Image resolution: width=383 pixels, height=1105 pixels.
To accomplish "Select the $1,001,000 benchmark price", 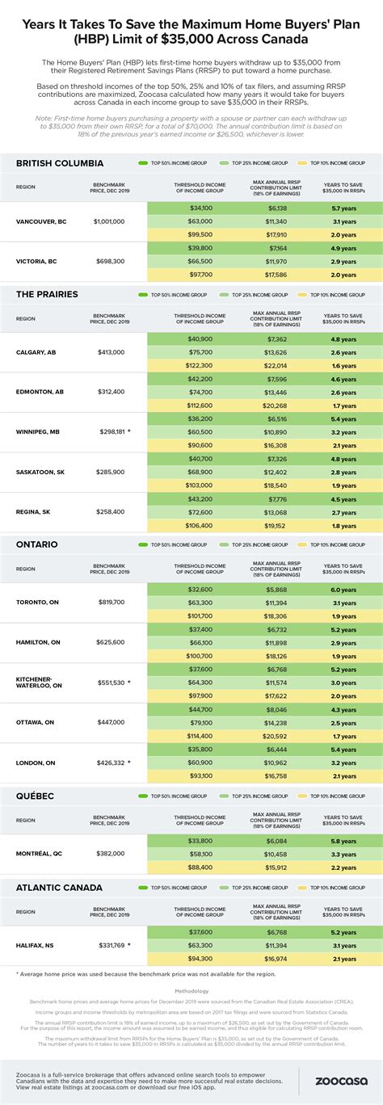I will tap(108, 221).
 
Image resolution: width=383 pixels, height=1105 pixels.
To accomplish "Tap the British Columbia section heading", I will tap(58, 163).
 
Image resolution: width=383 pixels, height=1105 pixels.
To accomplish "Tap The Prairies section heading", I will tap(47, 295).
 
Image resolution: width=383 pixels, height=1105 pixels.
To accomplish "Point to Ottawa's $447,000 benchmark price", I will tap(108, 723).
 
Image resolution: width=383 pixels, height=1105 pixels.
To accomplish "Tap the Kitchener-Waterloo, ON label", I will tap(39, 683).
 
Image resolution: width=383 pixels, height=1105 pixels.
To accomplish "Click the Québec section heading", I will tap(36, 796).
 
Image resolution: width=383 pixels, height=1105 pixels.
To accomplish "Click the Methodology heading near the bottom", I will tap(191, 990).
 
